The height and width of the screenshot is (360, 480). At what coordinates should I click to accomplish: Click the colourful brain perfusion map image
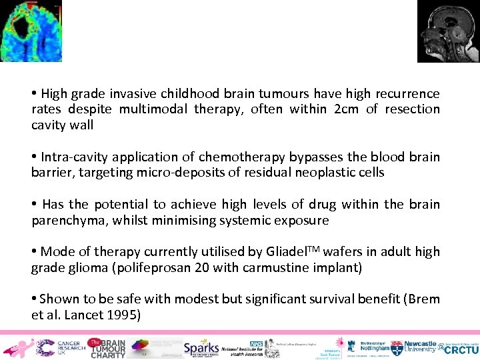[x=31, y=31]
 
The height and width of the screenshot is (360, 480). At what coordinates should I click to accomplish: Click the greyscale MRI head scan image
[x=448, y=31]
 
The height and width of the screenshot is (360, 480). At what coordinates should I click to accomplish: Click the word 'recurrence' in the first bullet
[x=407, y=94]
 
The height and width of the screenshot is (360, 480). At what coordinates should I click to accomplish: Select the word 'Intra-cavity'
[x=74, y=157]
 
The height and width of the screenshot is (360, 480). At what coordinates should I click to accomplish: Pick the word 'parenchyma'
[x=67, y=220]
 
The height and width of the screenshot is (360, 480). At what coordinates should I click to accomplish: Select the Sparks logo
[x=202, y=347]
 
